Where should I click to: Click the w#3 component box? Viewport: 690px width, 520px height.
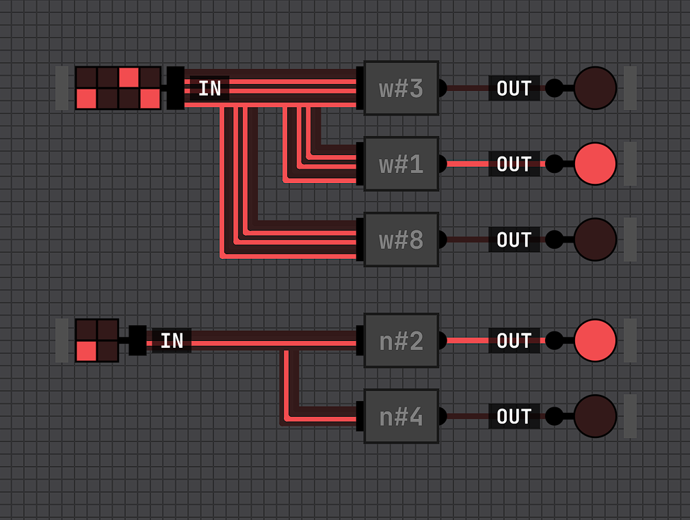click(x=401, y=88)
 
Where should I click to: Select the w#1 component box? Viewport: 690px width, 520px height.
click(x=401, y=164)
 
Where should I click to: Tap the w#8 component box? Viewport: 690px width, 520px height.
click(x=401, y=240)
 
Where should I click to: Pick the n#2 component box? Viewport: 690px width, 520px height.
click(x=401, y=340)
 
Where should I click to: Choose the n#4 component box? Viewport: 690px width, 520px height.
click(x=401, y=416)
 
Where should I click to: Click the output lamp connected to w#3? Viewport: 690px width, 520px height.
click(x=595, y=88)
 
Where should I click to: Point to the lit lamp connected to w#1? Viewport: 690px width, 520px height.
click(x=595, y=164)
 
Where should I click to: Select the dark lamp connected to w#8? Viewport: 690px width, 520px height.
click(x=595, y=240)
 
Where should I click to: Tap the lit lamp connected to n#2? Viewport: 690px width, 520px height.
click(x=595, y=340)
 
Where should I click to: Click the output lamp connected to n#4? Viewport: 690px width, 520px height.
click(x=595, y=416)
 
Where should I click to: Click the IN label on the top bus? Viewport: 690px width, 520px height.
click(x=210, y=89)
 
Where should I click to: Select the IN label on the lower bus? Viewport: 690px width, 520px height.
click(x=172, y=340)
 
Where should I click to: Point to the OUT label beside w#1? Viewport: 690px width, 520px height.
click(x=514, y=164)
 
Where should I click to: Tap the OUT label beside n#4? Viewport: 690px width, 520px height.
click(x=514, y=416)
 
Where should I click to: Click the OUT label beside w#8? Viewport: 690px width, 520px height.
click(x=514, y=240)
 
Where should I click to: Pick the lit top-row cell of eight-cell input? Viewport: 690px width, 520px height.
click(x=129, y=77)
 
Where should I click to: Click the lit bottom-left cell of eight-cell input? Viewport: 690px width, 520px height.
click(x=86, y=99)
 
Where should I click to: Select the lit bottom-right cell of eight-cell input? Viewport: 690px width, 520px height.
click(x=150, y=99)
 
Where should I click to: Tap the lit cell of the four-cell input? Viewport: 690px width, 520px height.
click(x=86, y=351)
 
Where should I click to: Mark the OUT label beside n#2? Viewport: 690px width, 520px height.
click(x=514, y=340)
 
